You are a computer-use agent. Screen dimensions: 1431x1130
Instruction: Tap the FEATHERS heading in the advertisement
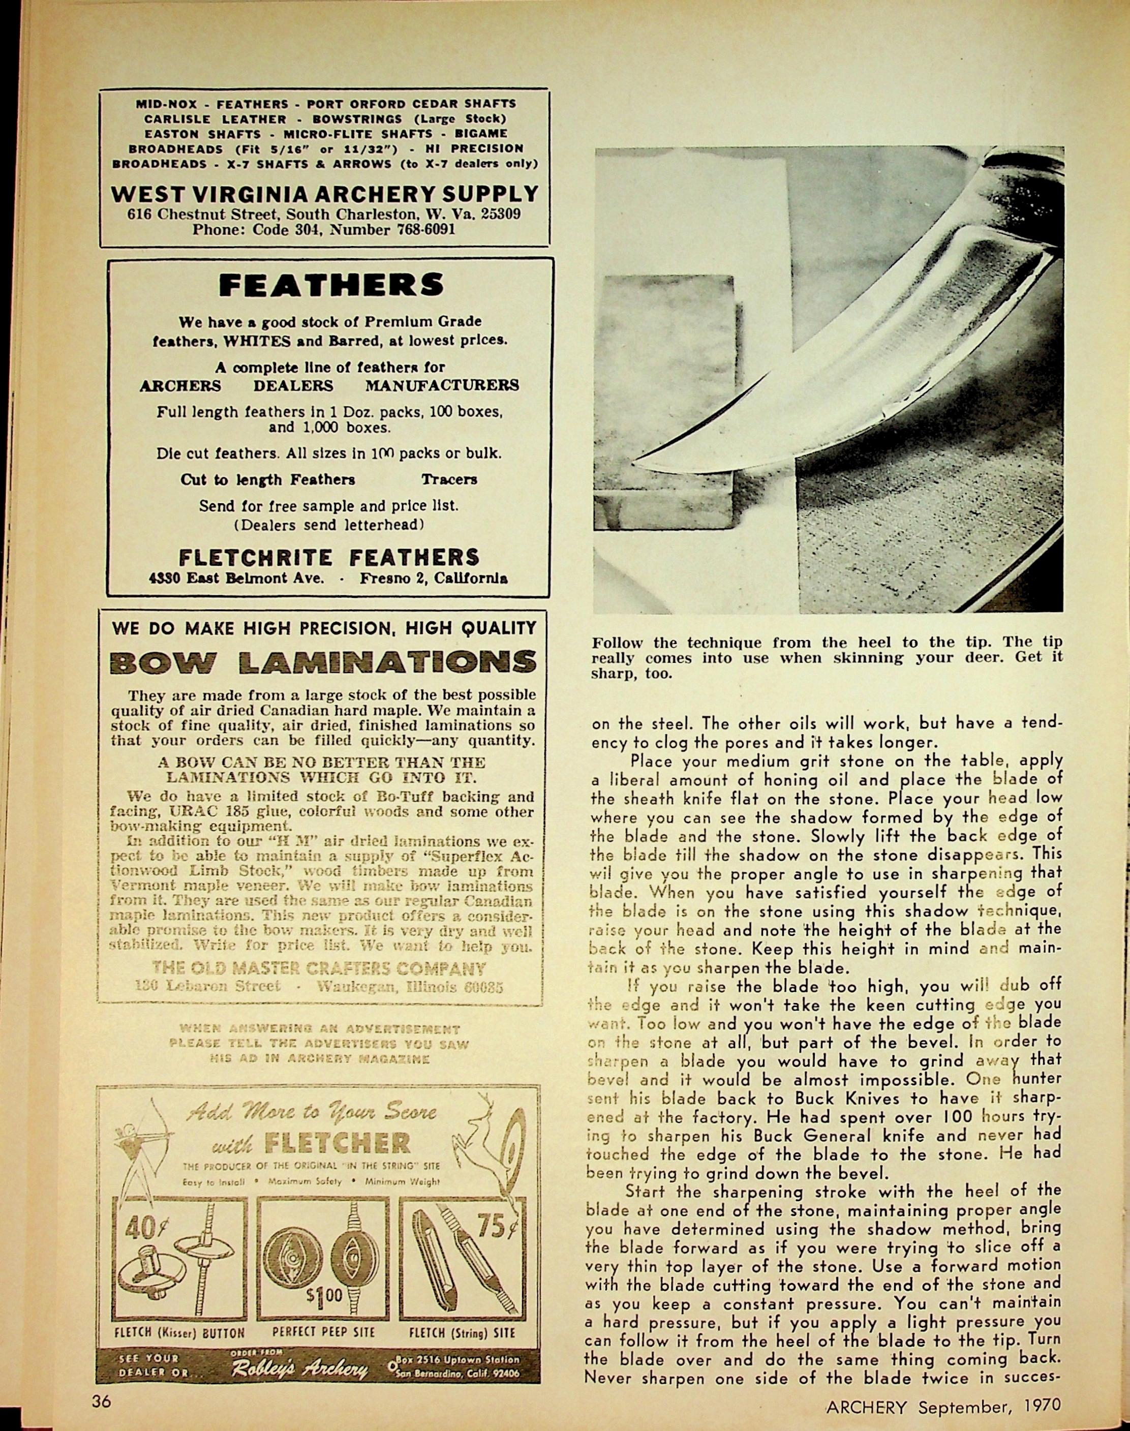(331, 285)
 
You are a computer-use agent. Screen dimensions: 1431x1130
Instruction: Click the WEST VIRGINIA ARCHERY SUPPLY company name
(324, 194)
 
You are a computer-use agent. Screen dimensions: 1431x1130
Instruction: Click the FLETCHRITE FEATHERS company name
(329, 557)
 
